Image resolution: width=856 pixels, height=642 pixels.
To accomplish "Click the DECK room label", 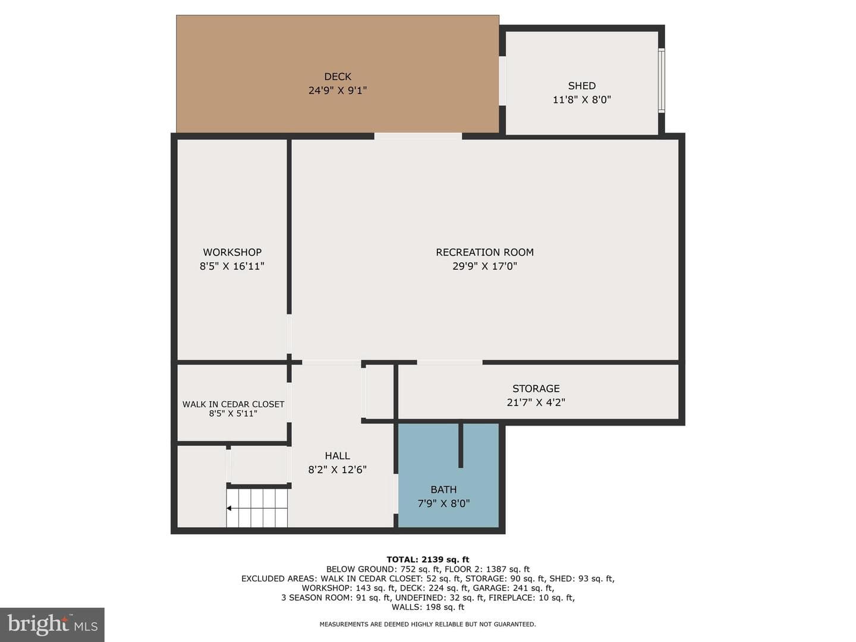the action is coord(337,77).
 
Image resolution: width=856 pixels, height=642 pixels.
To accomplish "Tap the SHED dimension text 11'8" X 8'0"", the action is coord(581,99).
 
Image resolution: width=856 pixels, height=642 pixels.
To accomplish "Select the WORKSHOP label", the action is coord(232,252).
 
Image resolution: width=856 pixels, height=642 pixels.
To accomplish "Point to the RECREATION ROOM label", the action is coord(484,252).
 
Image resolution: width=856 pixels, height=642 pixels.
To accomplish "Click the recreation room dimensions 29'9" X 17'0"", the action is coord(484,266).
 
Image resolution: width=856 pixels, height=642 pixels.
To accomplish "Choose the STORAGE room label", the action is coord(536,388).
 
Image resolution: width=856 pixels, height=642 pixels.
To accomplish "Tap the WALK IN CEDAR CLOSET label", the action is coord(233,404).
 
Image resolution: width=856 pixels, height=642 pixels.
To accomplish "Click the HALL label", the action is coord(337,455).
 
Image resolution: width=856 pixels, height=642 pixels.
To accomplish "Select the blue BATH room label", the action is coord(443,489).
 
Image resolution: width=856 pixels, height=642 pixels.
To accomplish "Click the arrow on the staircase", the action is coord(229,508).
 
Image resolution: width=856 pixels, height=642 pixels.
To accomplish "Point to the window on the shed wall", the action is coord(662,81).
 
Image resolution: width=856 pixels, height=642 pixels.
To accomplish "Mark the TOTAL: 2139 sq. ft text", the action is coord(428,560).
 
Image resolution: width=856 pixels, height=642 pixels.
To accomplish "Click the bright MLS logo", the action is coord(52,624).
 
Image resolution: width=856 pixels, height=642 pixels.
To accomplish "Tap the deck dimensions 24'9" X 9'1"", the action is coord(337,90).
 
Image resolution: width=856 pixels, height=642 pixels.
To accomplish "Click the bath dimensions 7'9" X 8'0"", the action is coord(443,503).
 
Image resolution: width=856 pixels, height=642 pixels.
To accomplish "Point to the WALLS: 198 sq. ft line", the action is coord(428,607).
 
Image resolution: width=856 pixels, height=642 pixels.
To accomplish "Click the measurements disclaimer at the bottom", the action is coord(427,624).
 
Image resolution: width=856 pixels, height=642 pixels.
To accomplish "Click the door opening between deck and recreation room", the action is coord(418,136).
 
